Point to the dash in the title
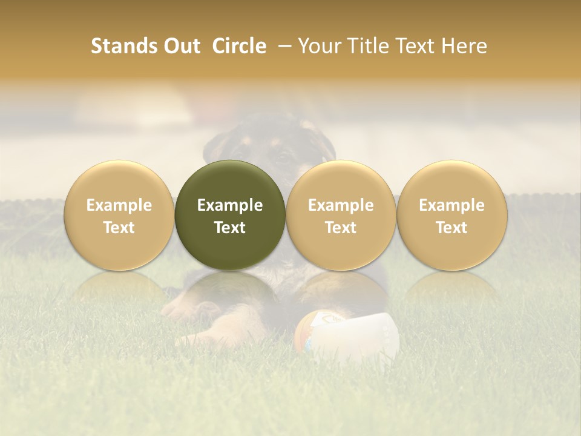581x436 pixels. pos(282,47)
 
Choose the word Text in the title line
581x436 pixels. pos(417,46)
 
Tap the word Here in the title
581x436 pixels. pos(464,46)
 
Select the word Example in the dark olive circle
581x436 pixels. pos(230,205)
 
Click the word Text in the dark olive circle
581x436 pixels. pos(230,228)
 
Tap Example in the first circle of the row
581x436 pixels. pos(119,205)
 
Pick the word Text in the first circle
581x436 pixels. pos(119,228)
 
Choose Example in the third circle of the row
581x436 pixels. pos(341,205)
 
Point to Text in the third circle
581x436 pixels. pos(341,228)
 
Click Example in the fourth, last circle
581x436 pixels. pos(451,205)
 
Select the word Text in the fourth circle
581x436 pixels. pos(451,228)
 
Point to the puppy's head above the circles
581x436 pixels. pos(272,145)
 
